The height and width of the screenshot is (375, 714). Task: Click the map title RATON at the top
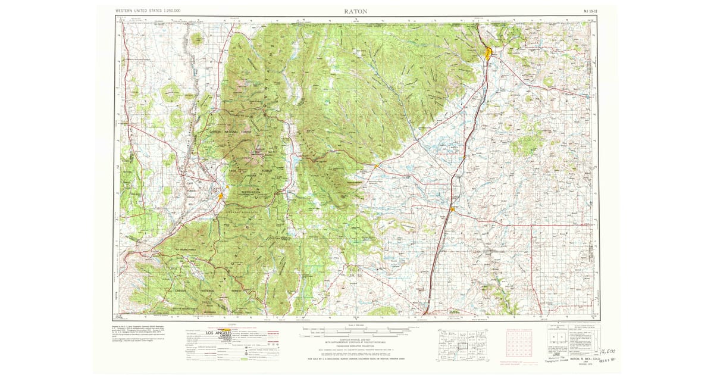pos(355,11)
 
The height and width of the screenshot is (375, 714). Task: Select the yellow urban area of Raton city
pos(488,53)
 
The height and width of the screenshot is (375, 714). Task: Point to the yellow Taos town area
pos(221,195)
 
